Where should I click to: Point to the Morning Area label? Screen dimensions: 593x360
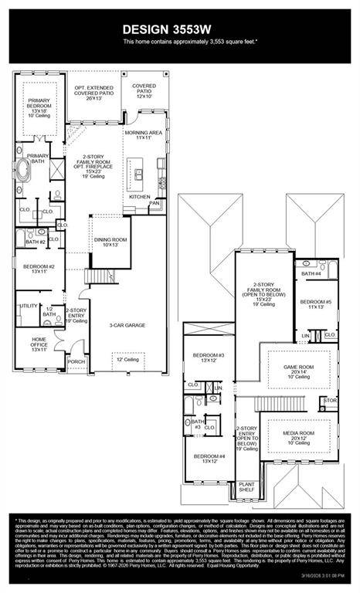(x=144, y=135)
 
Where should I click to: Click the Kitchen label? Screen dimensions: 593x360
(x=139, y=197)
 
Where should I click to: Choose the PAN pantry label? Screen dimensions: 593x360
(x=155, y=203)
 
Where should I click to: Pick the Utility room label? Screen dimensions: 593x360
(x=29, y=306)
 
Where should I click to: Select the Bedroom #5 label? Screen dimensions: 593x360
(x=315, y=304)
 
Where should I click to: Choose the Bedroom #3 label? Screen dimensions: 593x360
(x=209, y=357)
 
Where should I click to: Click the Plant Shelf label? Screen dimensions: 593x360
(x=246, y=488)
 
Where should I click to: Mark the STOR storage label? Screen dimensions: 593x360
(x=330, y=401)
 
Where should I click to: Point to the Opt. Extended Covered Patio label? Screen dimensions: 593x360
(x=94, y=93)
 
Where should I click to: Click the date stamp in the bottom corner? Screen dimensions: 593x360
(x=325, y=574)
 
